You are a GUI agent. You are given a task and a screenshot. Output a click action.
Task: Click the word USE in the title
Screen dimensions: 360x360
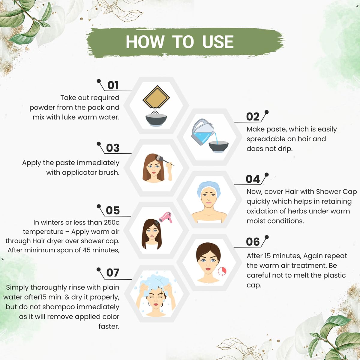pos(218,42)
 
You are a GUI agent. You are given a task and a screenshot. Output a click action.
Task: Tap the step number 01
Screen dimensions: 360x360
pos(113,85)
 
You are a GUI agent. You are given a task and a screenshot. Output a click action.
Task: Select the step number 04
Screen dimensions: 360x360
pos(253,179)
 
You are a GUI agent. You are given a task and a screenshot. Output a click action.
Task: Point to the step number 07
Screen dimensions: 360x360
pos(113,273)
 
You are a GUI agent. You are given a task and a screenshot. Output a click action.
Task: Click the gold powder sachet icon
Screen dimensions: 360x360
pos(156,97)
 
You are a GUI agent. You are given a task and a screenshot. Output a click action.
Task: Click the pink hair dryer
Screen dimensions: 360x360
pos(165,217)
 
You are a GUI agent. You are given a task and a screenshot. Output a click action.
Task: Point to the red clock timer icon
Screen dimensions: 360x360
pos(222,271)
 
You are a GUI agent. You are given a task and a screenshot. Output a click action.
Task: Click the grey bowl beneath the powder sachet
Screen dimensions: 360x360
pos(156,121)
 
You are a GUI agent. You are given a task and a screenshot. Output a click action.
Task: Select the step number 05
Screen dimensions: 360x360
pos(113,210)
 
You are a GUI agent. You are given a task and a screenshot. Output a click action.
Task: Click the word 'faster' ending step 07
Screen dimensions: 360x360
pos(109,326)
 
